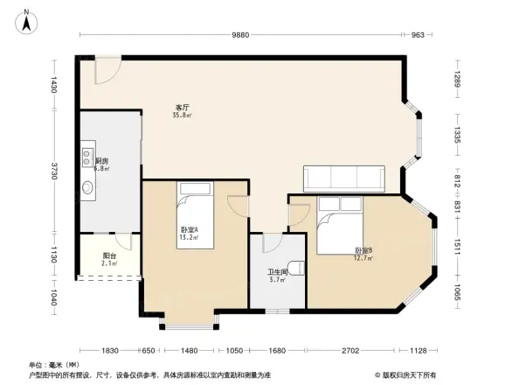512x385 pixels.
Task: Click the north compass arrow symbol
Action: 27,19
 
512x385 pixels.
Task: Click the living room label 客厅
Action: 182,108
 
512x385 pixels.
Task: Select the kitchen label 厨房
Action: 101,161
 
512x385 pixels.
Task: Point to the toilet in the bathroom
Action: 297,268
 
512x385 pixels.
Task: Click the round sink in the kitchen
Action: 88,187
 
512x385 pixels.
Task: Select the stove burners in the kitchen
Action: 88,157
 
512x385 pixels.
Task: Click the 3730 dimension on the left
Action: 54,171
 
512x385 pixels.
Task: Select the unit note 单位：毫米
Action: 55,364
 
